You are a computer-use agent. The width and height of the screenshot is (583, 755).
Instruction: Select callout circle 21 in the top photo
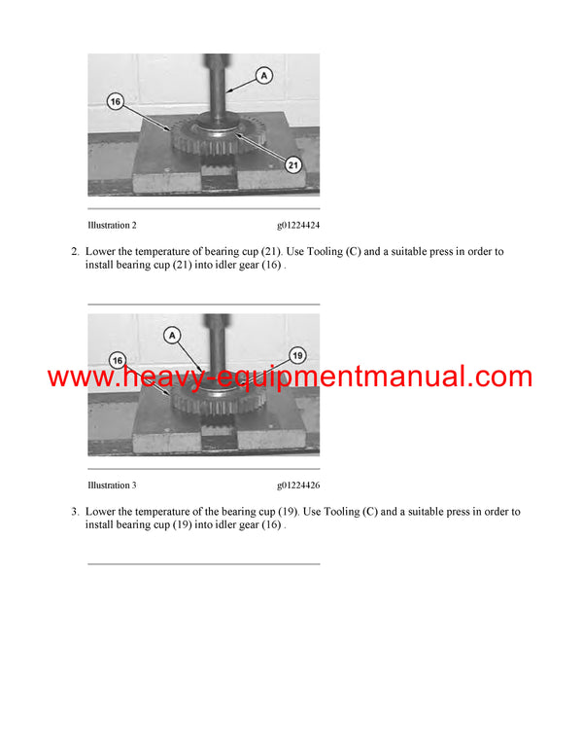[x=293, y=165]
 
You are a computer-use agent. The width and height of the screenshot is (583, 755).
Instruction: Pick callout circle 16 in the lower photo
[x=118, y=361]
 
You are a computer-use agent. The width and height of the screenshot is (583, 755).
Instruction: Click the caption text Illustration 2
[x=112, y=226]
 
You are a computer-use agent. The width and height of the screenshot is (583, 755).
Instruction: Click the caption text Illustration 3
[x=112, y=485]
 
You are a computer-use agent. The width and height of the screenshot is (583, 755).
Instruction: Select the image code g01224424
[x=297, y=226]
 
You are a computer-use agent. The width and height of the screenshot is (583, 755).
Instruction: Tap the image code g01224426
[x=297, y=485]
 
